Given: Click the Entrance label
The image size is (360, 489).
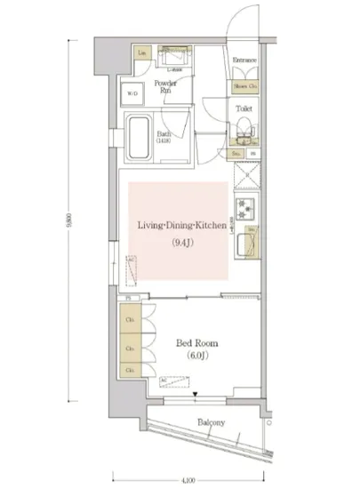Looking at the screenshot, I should pos(244,60).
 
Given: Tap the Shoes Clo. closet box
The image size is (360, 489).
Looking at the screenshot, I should pos(244,86).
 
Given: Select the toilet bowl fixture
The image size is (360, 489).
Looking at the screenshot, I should pos(242,133).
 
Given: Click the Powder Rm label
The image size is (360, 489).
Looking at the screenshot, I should pos(165,86).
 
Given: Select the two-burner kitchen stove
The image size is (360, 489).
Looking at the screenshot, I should pos(245,212).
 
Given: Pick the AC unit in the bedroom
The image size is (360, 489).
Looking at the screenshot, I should pos(169,382).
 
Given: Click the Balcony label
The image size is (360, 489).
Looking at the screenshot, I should pos(211,422).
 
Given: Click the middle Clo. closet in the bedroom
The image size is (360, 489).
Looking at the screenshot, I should pos(129,348).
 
